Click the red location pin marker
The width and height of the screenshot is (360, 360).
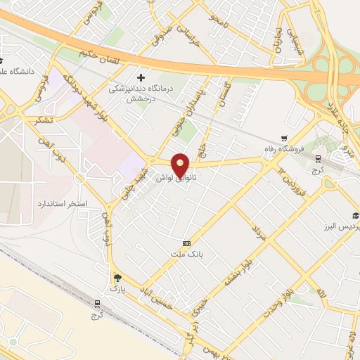[x=181, y=165]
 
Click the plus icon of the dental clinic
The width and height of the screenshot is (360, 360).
[x=141, y=77]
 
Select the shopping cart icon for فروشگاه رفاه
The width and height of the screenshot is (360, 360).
[x=283, y=138]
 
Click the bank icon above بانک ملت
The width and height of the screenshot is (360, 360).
[x=186, y=243]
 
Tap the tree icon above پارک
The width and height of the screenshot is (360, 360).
[x=117, y=278]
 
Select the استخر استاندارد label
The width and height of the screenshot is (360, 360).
[x=62, y=203]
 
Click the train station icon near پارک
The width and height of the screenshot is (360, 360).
[x=98, y=304]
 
